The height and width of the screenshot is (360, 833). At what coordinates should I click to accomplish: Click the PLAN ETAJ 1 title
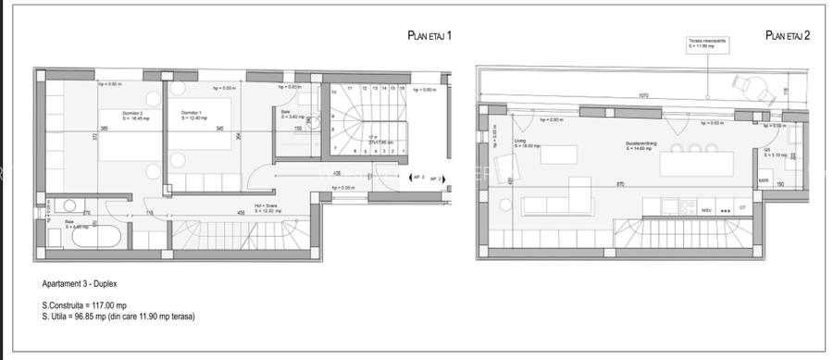click(429, 36)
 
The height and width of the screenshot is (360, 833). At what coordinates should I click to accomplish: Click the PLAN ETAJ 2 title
click(789, 36)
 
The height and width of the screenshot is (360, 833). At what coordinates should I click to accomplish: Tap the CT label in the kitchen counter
click(742, 208)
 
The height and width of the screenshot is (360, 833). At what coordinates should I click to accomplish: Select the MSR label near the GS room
click(764, 181)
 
